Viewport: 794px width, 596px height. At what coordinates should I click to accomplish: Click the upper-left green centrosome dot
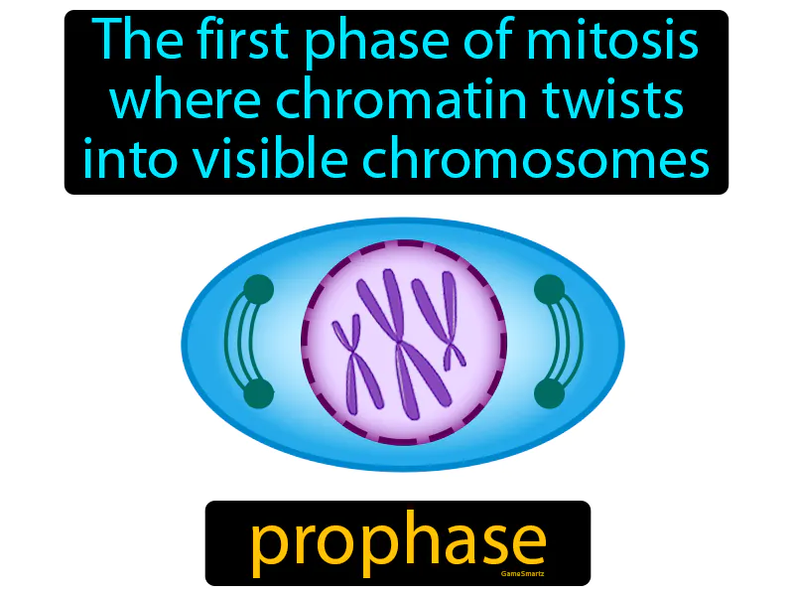(x=258, y=289)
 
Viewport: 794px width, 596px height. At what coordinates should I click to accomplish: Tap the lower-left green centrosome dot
(x=258, y=393)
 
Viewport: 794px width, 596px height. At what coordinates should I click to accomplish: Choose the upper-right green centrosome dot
(x=549, y=289)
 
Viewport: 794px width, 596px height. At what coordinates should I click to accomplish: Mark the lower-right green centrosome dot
(x=549, y=393)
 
